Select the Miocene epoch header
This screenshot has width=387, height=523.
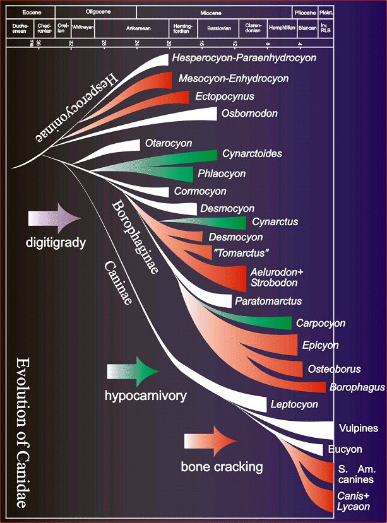pos(214,12)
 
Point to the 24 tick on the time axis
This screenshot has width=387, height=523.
pos(137,43)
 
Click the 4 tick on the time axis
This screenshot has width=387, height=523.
pos(300,43)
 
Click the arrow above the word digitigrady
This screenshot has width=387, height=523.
pos(55,219)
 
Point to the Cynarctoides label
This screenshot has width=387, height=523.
pos(251,153)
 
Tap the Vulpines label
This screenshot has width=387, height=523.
pos(358,428)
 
